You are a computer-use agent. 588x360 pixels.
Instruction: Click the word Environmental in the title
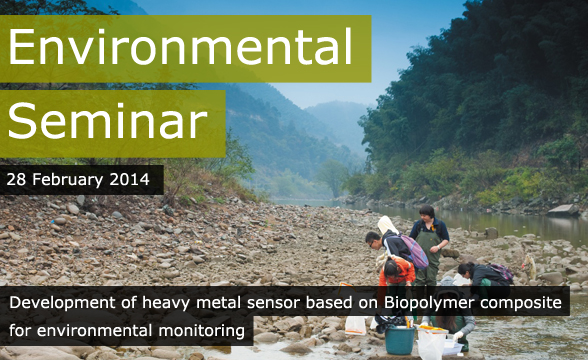[181, 46]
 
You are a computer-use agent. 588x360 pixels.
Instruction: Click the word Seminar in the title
[107, 121]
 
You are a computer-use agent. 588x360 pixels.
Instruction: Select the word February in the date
[70, 180]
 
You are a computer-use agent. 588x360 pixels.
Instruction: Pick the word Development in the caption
[57, 301]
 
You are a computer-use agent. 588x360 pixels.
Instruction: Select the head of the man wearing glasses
[373, 240]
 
